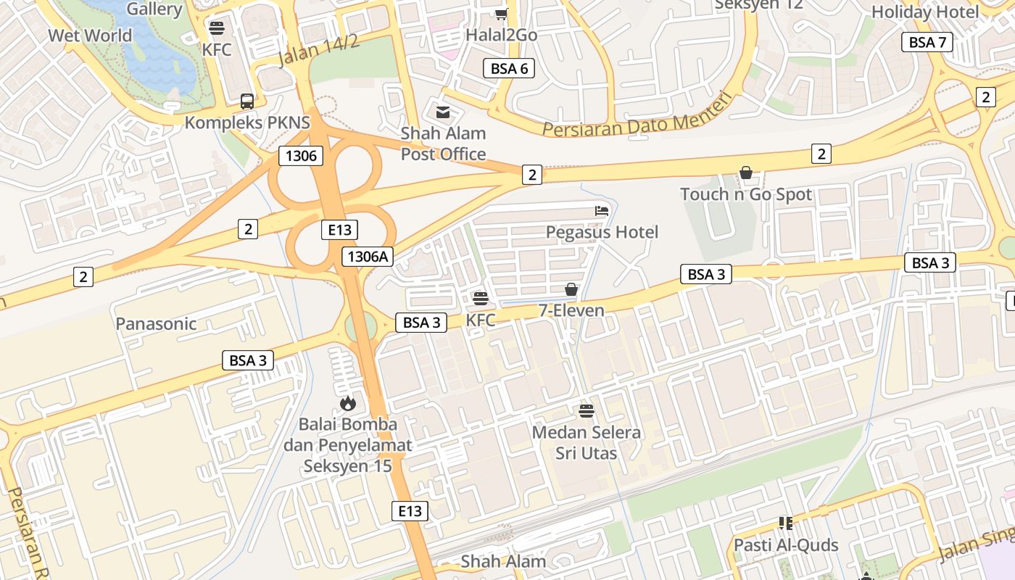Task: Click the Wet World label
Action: click(x=90, y=36)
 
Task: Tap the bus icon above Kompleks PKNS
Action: click(x=247, y=101)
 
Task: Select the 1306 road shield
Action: click(x=301, y=155)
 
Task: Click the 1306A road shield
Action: click(x=368, y=256)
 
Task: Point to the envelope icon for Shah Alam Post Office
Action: click(x=442, y=112)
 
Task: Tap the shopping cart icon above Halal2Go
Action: click(x=501, y=14)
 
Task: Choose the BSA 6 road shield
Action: click(x=509, y=69)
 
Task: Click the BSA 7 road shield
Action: click(x=927, y=42)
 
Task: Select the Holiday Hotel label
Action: click(x=924, y=12)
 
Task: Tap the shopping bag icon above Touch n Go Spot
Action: click(x=745, y=173)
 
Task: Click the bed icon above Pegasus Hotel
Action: click(x=602, y=211)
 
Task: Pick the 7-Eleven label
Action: click(x=571, y=310)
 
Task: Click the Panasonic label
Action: click(x=156, y=323)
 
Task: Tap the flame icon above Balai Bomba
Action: click(x=347, y=403)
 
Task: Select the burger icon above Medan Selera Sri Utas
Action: click(x=587, y=411)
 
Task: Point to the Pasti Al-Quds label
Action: click(x=786, y=544)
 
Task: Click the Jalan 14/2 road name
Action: click(x=318, y=51)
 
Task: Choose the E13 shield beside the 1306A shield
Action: click(x=339, y=230)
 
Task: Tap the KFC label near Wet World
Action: click(x=217, y=49)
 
